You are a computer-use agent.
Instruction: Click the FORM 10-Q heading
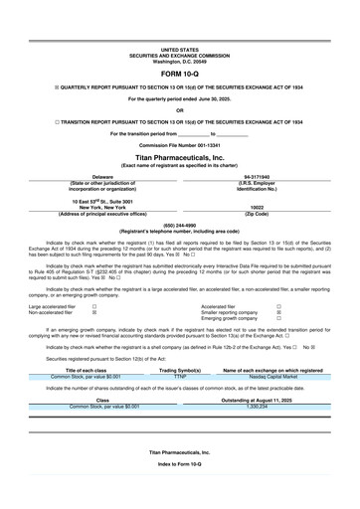click(179, 74)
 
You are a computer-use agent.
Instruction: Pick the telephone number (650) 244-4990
click(179, 225)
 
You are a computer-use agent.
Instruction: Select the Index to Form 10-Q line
click(179, 493)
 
